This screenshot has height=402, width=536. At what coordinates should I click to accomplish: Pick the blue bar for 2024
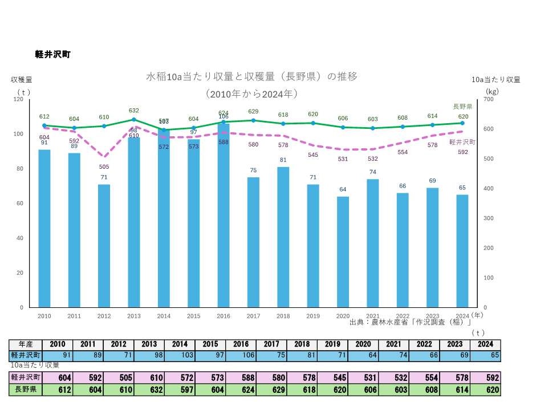tap(462, 250)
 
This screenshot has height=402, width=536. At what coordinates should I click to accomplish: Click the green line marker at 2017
tap(253, 120)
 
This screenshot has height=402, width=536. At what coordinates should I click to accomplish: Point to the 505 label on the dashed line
tap(104, 167)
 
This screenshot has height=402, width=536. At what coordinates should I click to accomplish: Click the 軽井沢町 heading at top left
tap(52, 55)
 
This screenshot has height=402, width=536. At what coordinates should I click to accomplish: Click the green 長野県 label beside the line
tap(462, 107)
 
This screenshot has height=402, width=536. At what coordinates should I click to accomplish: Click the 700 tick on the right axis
tap(489, 99)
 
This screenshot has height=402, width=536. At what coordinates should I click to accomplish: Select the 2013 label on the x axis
tap(133, 315)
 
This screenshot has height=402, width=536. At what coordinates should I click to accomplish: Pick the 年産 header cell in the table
tap(26, 344)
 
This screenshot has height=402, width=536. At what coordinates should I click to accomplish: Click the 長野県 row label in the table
tap(26, 391)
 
